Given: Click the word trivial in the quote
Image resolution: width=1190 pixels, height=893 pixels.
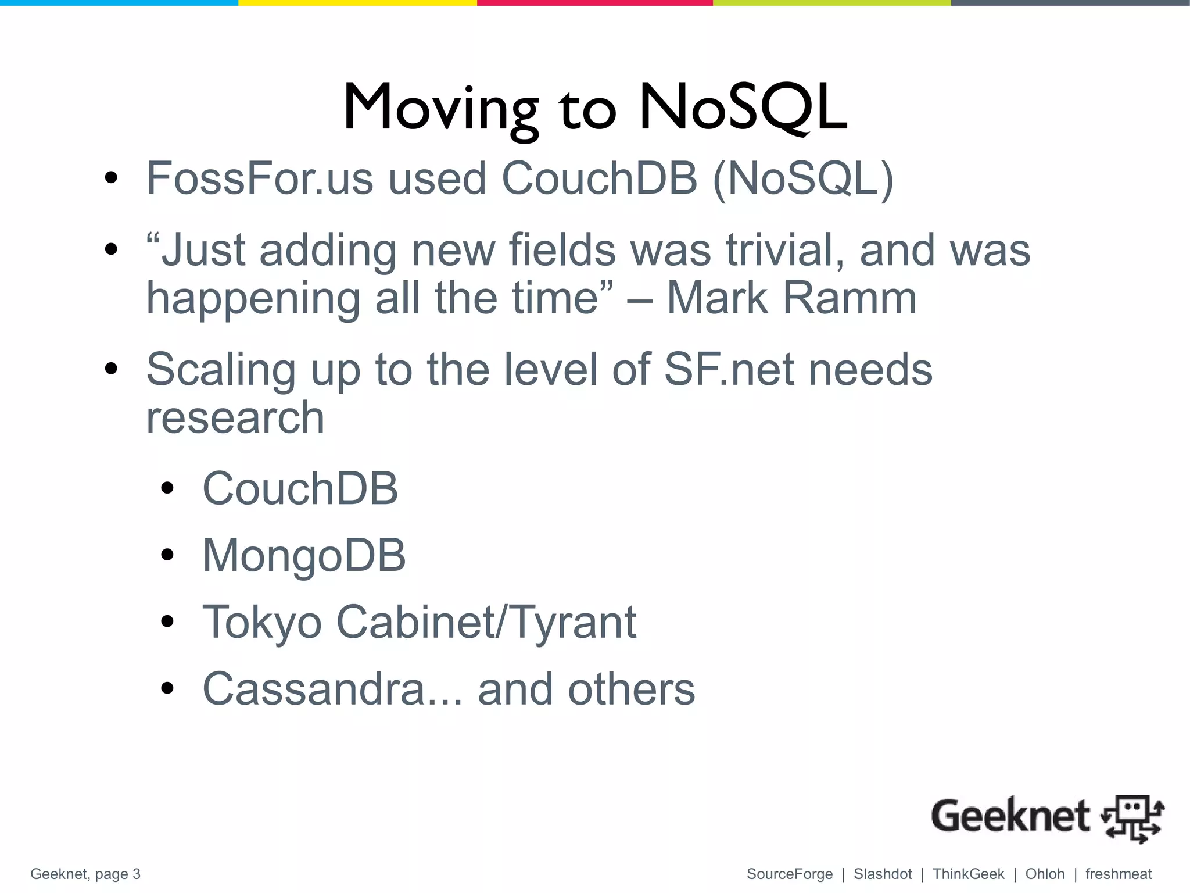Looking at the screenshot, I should tap(785, 250).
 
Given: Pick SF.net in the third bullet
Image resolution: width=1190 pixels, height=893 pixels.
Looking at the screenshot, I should tap(729, 370).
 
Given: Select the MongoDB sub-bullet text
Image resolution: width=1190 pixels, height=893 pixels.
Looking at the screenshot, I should tap(304, 555).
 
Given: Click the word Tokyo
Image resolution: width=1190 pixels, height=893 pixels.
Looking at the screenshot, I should tap(261, 622).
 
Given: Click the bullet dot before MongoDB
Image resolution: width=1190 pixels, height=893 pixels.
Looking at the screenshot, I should tap(167, 555).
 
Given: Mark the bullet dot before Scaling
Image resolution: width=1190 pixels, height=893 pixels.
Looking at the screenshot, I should tap(112, 369).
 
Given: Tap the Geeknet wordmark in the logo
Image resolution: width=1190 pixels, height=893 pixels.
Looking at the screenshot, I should tap(1010, 816).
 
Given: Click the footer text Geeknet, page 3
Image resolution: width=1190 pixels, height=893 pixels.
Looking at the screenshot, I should tap(85, 874).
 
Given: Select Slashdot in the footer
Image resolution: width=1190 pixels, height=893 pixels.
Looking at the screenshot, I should tap(883, 874).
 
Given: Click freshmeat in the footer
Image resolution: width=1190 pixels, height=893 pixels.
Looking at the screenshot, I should tap(1118, 874).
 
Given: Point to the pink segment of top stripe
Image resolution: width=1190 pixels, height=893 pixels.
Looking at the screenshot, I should tap(594, 3).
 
